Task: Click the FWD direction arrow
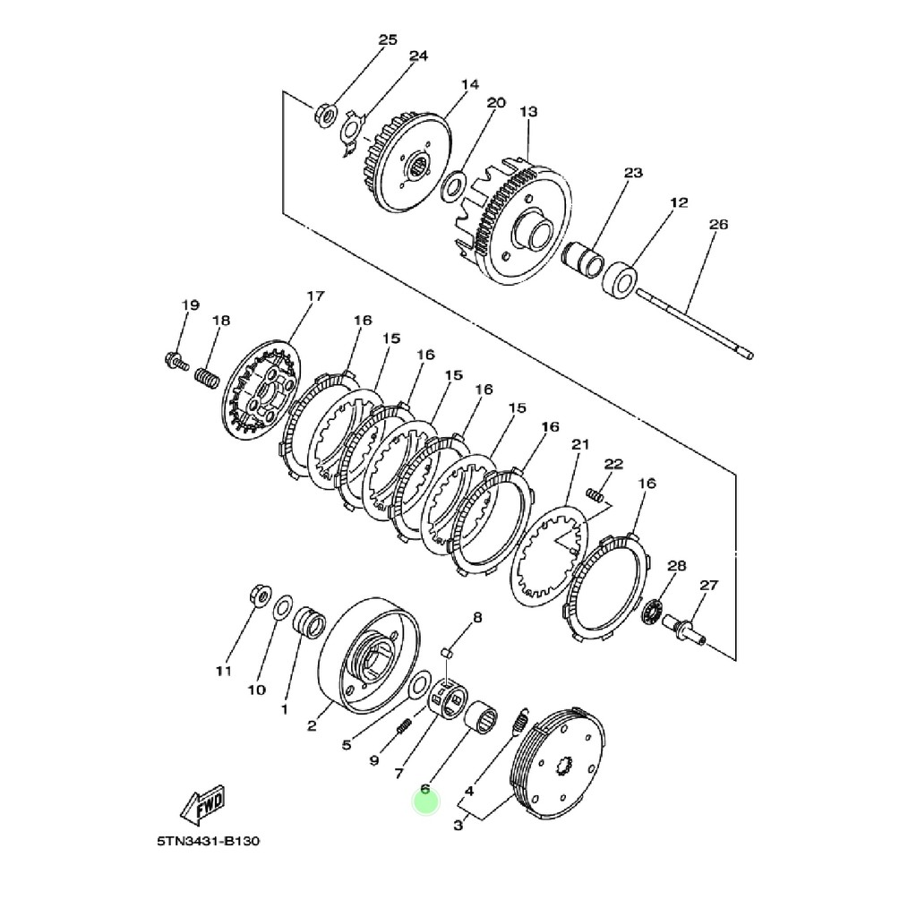(202, 804)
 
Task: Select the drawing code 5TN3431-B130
(208, 842)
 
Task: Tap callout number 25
(388, 39)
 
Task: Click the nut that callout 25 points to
(326, 112)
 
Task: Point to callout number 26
(719, 225)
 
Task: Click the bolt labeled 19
(176, 360)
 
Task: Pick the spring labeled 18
(207, 377)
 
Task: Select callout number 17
(315, 296)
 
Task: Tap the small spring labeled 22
(595, 493)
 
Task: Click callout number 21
(580, 445)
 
